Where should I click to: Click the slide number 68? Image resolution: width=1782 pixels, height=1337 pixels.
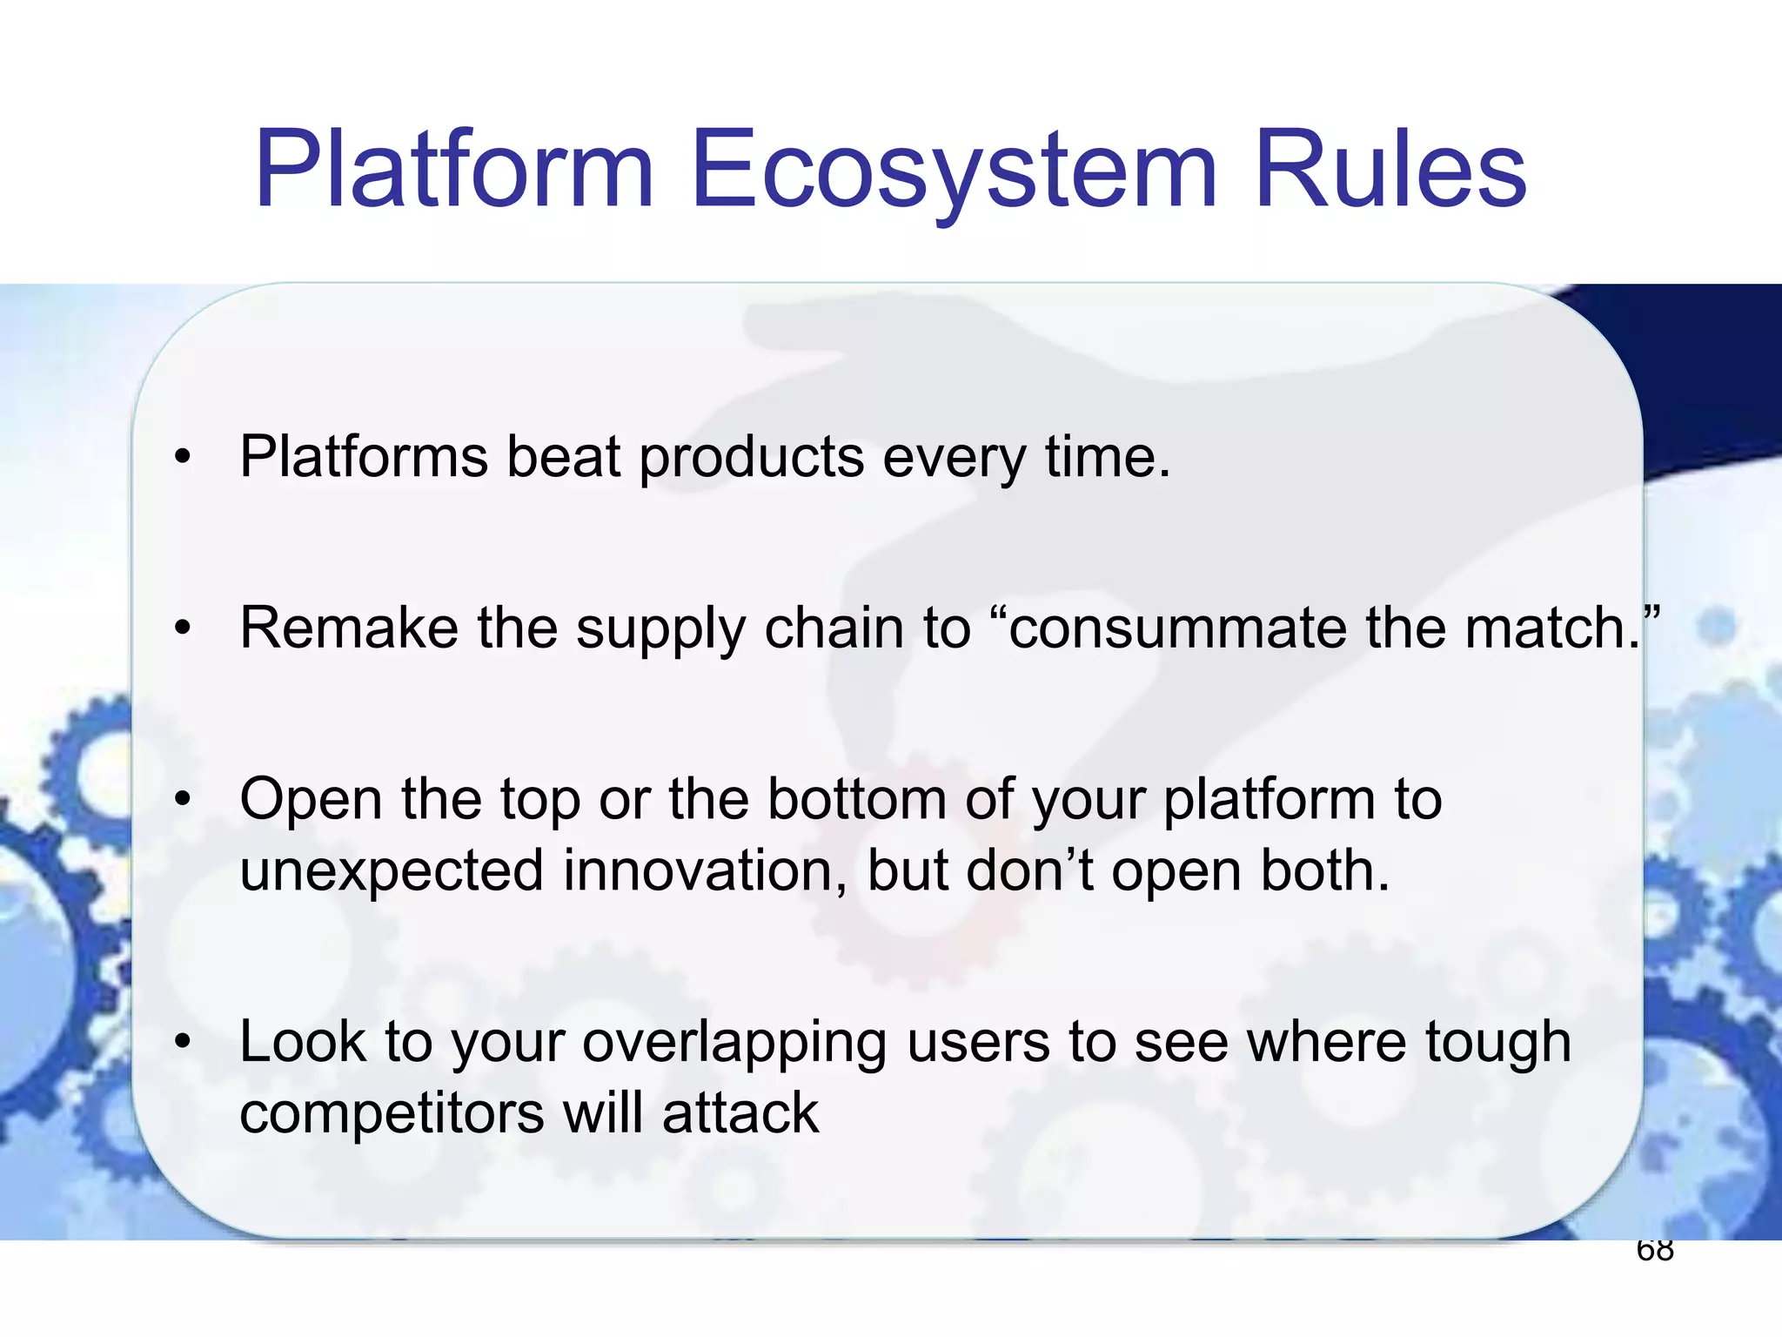(1654, 1251)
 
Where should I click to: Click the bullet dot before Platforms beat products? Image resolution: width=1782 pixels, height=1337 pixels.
(182, 456)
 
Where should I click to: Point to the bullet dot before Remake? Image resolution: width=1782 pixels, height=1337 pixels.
(182, 628)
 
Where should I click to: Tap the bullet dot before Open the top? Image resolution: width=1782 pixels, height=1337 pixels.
(182, 799)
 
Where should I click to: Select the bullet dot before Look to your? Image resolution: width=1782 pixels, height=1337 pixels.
(182, 1041)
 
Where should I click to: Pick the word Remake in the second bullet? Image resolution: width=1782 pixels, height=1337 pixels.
(348, 628)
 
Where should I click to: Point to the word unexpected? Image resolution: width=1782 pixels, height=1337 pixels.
(392, 870)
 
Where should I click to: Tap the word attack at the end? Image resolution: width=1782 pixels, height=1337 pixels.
(740, 1112)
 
